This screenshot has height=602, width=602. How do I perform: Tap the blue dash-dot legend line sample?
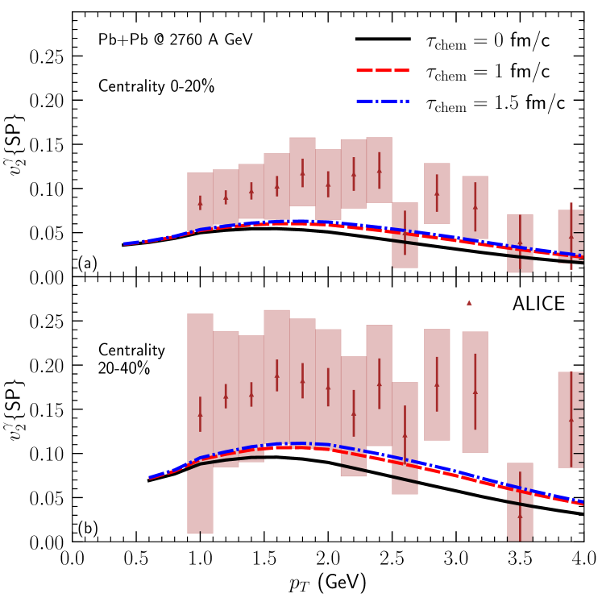pyautogui.click(x=383, y=102)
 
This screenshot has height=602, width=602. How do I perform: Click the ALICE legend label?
pyautogui.click(x=542, y=303)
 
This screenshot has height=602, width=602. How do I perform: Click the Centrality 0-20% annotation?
pyautogui.click(x=156, y=85)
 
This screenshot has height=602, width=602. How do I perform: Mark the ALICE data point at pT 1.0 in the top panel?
pyautogui.click(x=200, y=203)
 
